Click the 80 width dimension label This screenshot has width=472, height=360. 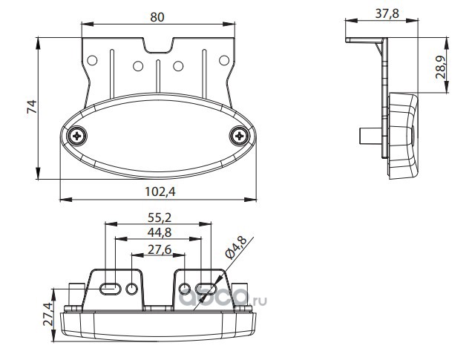[x=157, y=17]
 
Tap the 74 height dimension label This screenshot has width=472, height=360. [x=32, y=107]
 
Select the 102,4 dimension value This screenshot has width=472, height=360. [x=160, y=192]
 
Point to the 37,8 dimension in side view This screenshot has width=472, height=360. [x=387, y=13]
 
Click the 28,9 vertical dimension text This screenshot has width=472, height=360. [x=441, y=67]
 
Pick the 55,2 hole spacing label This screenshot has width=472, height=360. [x=160, y=217]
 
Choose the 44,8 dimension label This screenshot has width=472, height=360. [x=160, y=232]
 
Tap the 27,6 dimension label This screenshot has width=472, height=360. [x=160, y=249]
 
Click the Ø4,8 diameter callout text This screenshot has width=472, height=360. [x=236, y=247]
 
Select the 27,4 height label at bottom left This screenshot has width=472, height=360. [x=48, y=314]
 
